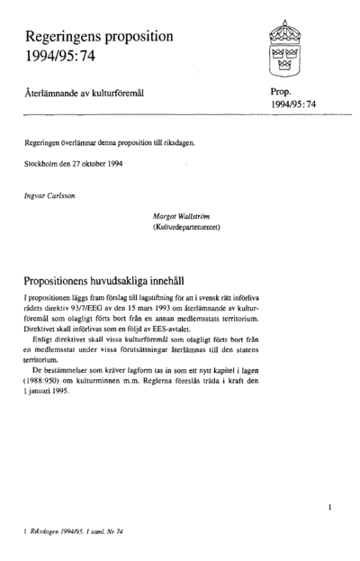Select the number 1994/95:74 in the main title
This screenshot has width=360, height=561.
(x=64, y=59)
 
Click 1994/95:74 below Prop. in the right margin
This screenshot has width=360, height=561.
(x=293, y=105)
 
